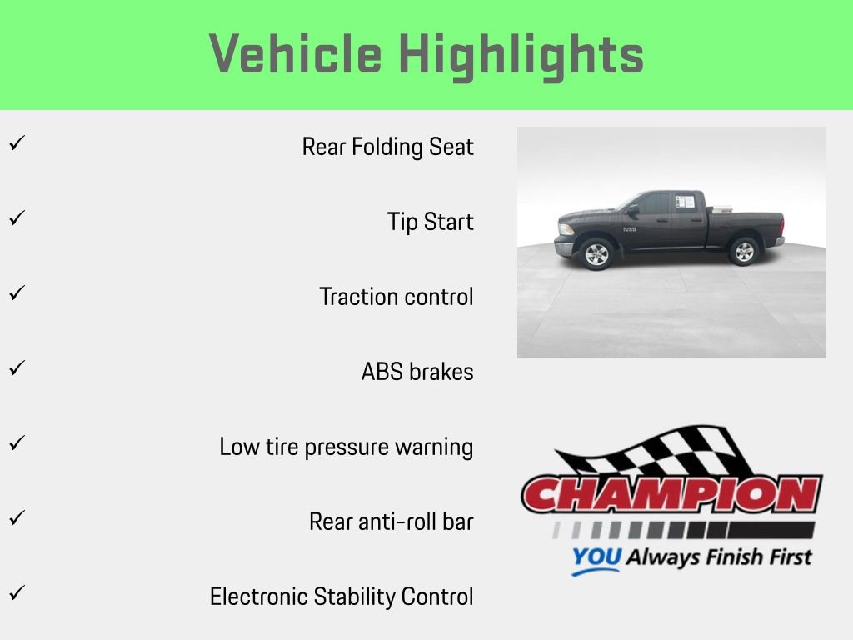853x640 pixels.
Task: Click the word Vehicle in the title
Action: click(296, 55)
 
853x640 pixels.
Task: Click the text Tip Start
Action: click(430, 222)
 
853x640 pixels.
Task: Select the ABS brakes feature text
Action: click(417, 372)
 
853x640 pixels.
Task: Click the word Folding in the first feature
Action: click(387, 147)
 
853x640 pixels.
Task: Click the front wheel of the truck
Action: click(596, 253)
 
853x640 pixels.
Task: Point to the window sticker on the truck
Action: click(685, 202)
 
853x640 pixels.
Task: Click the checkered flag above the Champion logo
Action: click(666, 454)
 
